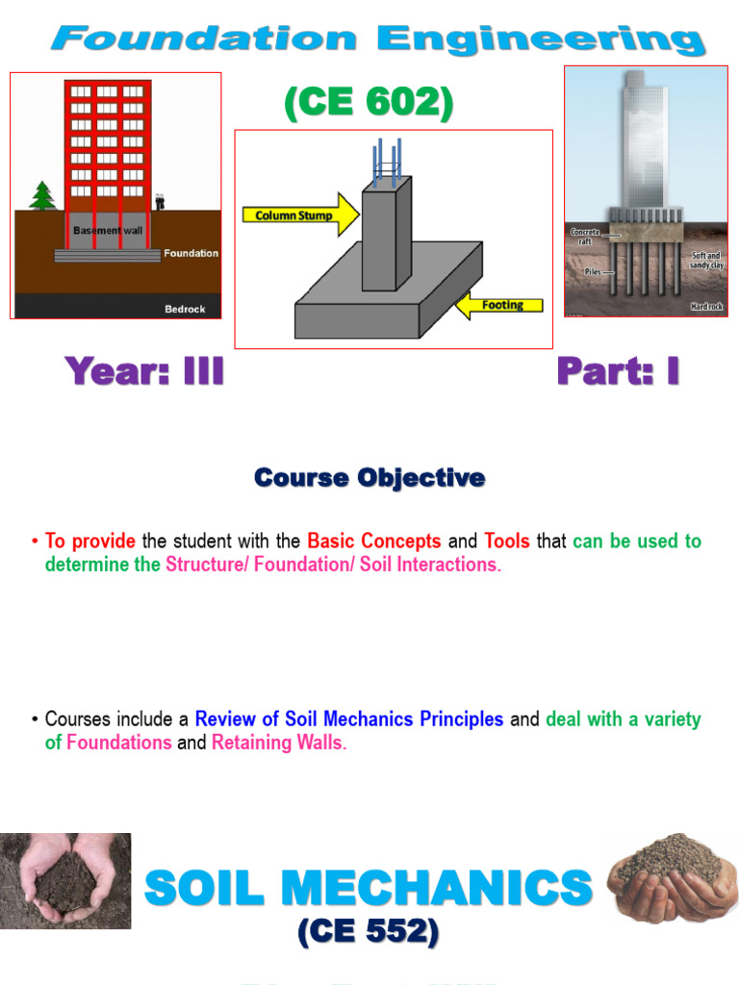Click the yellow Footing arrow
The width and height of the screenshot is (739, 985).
(498, 306)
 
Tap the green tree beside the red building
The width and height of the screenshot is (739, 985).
(41, 195)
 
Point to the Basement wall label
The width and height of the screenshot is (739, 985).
(108, 231)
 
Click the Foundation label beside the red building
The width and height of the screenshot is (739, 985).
(191, 253)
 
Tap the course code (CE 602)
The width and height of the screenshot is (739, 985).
(369, 104)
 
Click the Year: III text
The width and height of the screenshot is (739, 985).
(144, 371)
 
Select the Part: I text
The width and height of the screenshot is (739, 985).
(618, 371)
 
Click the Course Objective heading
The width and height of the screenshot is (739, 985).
(369, 477)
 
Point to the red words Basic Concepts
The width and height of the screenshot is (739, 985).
(374, 541)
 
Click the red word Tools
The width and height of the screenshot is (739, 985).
(507, 541)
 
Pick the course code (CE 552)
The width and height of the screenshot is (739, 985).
(369, 932)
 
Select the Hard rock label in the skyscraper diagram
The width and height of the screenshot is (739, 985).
(706, 307)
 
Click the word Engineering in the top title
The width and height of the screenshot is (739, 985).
(540, 40)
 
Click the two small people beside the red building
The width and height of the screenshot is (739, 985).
(160, 202)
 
